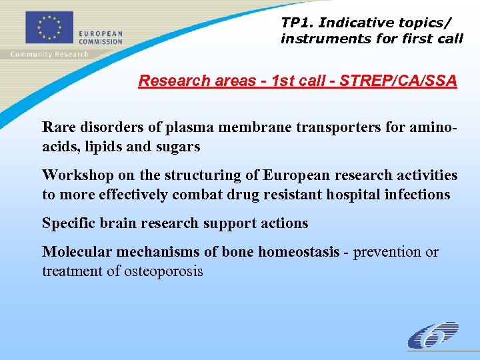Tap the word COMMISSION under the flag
[101, 41]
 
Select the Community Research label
[49, 54]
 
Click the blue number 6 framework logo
[434, 335]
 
